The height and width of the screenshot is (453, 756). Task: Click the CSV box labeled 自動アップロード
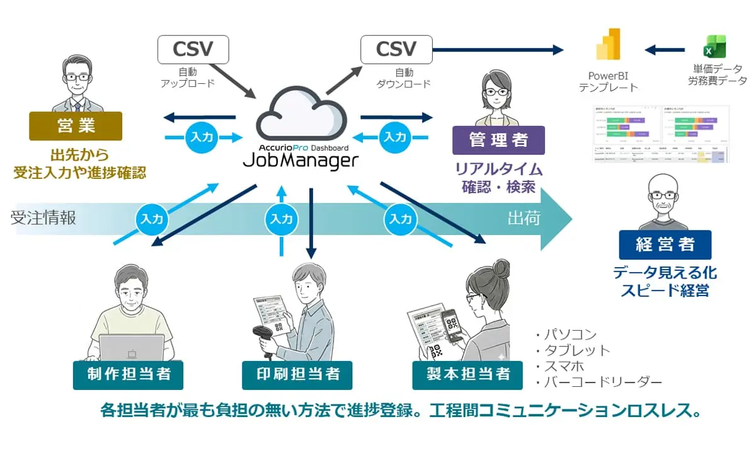(192, 49)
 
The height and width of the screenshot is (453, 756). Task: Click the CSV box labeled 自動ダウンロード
(396, 49)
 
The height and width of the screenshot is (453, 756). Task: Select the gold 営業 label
(75, 126)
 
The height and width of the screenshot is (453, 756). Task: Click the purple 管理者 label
(498, 140)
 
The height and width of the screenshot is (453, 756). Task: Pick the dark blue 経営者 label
(665, 245)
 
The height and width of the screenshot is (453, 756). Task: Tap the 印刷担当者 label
(297, 375)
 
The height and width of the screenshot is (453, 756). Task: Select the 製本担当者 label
(467, 375)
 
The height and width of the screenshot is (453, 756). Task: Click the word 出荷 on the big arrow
(524, 218)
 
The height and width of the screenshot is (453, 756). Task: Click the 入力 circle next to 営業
(202, 136)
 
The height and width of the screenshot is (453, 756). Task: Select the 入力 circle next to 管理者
(396, 136)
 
